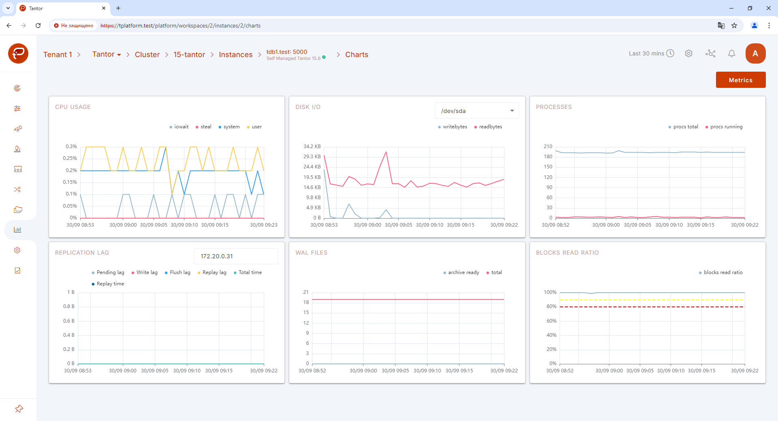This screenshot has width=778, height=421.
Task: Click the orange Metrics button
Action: [740, 80]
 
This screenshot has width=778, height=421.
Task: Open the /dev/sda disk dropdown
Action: [477, 111]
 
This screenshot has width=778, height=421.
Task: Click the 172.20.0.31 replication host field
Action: [236, 256]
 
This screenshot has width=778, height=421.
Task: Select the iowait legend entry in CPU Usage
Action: [179, 127]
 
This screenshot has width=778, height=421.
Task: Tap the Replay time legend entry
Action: [108, 284]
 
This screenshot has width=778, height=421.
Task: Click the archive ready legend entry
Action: [461, 272]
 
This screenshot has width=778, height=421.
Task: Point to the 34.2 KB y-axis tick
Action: [312, 147]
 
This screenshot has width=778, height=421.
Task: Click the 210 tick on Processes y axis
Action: [548, 147]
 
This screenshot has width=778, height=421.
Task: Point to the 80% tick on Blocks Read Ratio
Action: [551, 306]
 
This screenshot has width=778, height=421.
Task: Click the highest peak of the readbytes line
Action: [386, 152]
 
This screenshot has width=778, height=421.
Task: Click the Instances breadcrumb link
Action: [235, 55]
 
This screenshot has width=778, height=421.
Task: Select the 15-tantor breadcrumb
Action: [189, 55]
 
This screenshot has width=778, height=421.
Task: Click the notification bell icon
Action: [731, 53]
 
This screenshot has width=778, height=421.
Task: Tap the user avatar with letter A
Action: [755, 53]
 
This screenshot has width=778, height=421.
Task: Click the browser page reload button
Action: [38, 26]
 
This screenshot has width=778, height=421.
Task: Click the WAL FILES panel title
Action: [311, 253]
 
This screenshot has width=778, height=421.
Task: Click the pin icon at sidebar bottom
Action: [19, 409]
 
